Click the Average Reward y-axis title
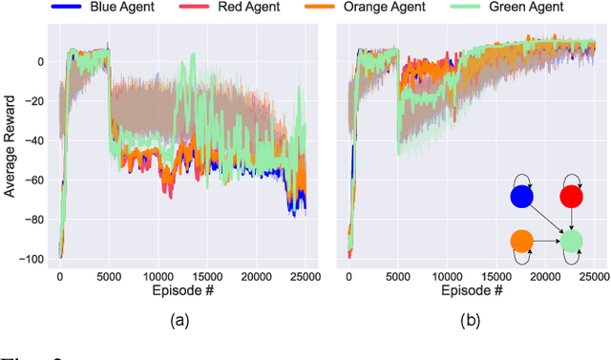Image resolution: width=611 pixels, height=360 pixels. [11, 149]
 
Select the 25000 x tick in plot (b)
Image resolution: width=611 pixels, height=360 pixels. [594, 275]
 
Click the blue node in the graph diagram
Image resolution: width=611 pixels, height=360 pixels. [521, 197]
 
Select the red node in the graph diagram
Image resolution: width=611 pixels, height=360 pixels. [571, 197]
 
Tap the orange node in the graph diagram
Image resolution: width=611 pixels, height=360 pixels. [521, 241]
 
